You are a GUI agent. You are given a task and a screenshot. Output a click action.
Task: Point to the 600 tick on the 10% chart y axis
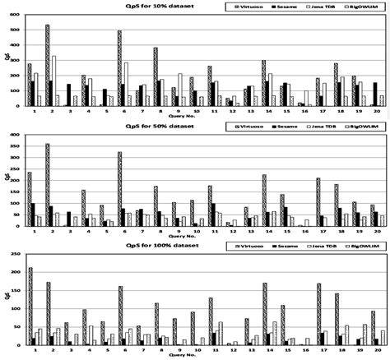pyautogui.click(x=14, y=12)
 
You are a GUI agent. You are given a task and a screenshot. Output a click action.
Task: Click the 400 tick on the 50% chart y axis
pyautogui.click(x=14, y=133)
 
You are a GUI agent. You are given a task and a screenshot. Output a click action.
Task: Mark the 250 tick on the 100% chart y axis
pyautogui.click(x=14, y=253)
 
